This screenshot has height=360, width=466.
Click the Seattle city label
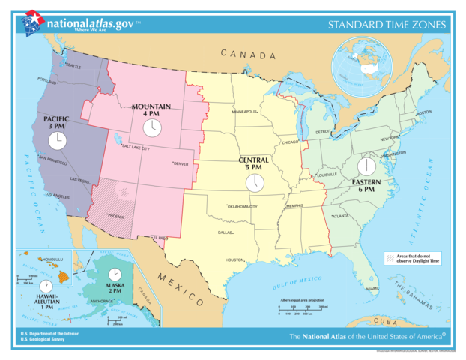(73, 66)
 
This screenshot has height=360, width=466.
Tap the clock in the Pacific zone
(58, 139)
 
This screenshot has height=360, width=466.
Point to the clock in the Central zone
(255, 181)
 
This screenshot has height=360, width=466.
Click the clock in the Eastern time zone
(366, 166)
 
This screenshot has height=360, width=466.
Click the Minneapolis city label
(245, 112)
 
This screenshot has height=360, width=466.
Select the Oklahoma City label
(243, 206)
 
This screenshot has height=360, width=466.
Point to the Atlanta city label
(340, 216)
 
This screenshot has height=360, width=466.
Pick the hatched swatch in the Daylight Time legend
(390, 258)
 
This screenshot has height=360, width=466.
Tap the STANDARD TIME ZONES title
(387, 25)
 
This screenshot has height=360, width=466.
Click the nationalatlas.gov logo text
(90, 23)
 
